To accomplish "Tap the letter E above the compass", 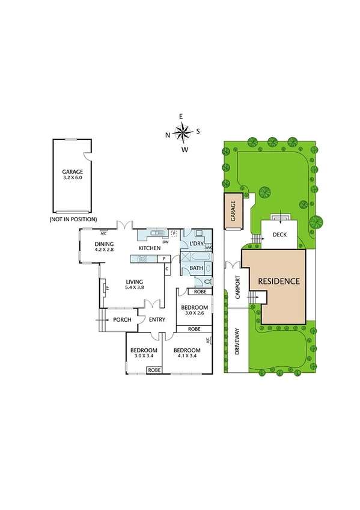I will tap(181, 117).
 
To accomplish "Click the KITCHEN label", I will tap(150, 248).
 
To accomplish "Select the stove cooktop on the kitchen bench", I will tap(143, 259).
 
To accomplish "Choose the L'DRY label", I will tap(197, 243).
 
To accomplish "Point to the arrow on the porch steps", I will tap(102, 320).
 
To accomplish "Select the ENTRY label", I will tap(157, 319).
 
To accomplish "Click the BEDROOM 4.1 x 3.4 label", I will tap(187, 353).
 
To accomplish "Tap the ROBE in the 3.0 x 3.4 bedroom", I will tap(154, 370).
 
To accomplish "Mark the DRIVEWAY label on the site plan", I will tap(237, 341).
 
